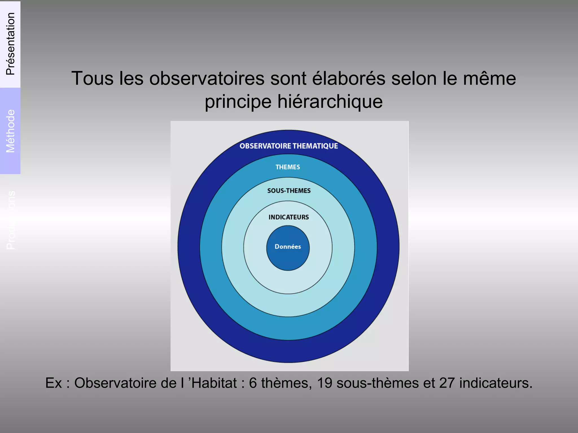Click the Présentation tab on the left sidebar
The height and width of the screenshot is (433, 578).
10,44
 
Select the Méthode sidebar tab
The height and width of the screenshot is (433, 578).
10,131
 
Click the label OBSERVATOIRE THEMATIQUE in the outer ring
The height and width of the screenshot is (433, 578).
288,146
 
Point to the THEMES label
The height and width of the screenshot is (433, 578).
288,167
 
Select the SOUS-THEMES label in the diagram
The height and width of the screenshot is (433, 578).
289,191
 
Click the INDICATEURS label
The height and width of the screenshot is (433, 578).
288,217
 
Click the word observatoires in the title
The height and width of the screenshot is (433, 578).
207,78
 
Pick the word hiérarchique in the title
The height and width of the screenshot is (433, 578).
330,101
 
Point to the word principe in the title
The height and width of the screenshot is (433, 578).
238,102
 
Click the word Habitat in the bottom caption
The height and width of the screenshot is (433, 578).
214,383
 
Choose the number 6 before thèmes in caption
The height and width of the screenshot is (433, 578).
253,383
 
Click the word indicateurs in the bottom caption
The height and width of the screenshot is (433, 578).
496,383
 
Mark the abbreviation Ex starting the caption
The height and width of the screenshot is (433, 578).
53,383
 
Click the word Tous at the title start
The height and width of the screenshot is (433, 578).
92,78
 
